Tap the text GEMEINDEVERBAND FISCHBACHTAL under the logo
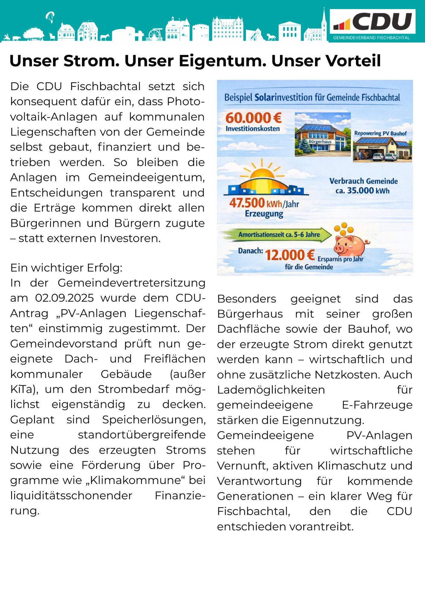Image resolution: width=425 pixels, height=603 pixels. [371, 38]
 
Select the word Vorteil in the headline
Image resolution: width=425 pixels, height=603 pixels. [326, 61]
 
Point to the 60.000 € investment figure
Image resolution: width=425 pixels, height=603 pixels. [253, 118]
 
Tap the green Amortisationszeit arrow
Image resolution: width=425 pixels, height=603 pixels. [276, 235]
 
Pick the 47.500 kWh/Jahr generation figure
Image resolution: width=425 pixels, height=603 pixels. [264, 203]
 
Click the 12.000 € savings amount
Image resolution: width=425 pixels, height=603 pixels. [290, 255]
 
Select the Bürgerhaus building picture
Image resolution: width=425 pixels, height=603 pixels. [322, 134]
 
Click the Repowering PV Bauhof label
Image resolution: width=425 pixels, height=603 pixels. [380, 133]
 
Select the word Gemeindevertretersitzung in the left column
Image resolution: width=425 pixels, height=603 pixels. [131, 283]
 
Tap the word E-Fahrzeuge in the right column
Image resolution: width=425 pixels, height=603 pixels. [377, 405]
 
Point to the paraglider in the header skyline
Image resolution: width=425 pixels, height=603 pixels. [50, 17]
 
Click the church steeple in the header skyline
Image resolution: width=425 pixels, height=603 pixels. [324, 21]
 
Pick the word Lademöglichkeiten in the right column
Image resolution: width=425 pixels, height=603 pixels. [271, 390]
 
